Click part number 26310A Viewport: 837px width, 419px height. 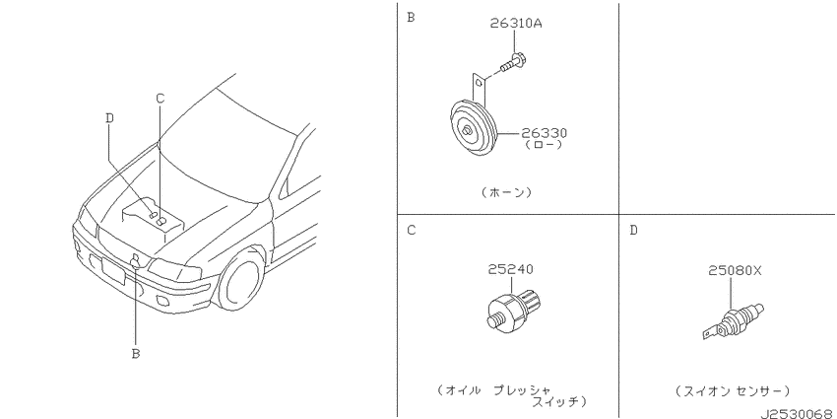coord(516,24)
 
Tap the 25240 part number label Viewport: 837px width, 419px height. coord(510,269)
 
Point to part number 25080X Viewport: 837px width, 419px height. coord(735,271)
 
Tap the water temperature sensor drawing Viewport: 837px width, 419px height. coord(733,321)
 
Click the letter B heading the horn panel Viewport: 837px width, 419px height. coord(411,18)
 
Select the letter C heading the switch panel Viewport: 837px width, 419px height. coord(411,231)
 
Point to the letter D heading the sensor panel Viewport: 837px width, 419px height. coord(633,231)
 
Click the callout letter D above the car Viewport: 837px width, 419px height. coord(109,118)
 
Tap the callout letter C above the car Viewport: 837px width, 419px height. coord(160,98)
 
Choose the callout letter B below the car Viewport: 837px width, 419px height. coord(136,353)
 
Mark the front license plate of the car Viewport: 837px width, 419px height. coord(113,271)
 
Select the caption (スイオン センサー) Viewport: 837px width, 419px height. coord(732,390)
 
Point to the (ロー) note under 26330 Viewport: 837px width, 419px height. coord(544,145)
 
